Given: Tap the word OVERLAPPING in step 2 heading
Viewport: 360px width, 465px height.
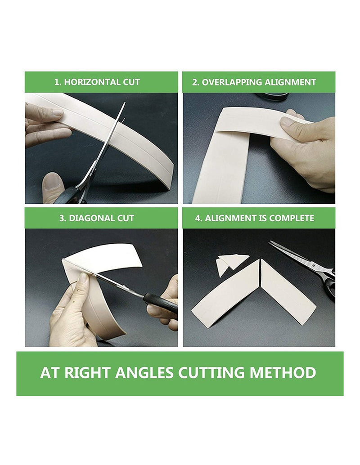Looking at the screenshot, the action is [x=231, y=82].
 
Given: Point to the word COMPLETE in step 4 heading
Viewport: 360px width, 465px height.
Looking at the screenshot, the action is [x=292, y=218].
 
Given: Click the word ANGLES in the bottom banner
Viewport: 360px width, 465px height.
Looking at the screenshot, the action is [x=144, y=373].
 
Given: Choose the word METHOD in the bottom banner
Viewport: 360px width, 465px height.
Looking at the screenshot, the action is [x=283, y=373].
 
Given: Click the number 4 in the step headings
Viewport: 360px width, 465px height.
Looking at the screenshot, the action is [x=198, y=218].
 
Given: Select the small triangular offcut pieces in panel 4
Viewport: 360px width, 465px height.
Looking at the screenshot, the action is [x=231, y=264].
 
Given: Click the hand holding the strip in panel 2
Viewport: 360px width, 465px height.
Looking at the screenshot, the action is [x=306, y=148].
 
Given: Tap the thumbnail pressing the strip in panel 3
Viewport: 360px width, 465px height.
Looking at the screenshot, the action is [x=84, y=278].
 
